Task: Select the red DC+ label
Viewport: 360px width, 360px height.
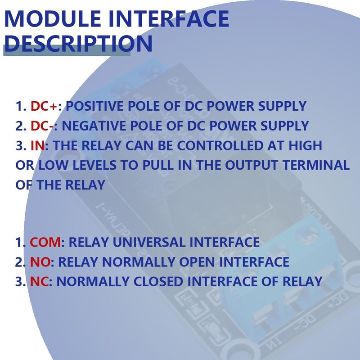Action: click(x=47, y=107)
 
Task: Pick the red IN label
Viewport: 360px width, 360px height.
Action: click(x=38, y=146)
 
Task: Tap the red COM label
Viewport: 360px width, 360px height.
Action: click(x=45, y=243)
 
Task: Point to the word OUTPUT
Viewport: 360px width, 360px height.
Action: click(x=250, y=165)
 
